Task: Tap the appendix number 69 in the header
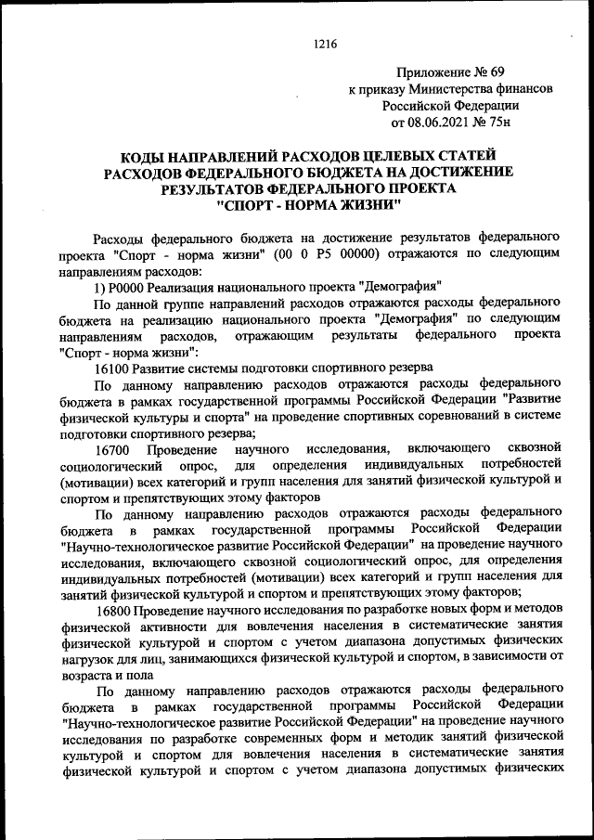tap(516, 71)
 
